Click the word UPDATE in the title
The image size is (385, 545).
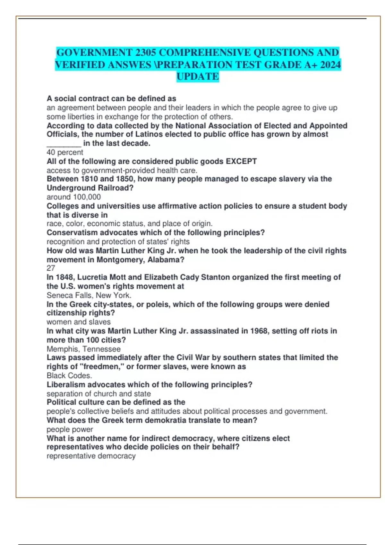(198, 77)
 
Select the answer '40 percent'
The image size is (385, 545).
(65, 152)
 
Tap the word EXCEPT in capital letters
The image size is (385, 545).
(241, 161)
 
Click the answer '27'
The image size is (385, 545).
(51, 268)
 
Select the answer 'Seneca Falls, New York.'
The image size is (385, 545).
(89, 295)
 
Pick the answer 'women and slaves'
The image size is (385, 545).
(79, 322)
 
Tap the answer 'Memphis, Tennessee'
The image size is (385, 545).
(84, 349)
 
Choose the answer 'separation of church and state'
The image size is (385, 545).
(99, 394)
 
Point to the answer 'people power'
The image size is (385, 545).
(70, 429)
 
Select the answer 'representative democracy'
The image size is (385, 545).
(91, 456)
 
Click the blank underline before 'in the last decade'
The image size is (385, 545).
(64, 144)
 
